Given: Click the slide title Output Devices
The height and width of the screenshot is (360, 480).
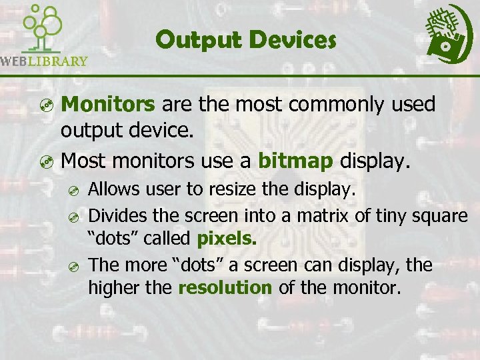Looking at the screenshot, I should pos(245,40).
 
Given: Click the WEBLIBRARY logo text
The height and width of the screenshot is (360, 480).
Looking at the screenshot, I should pos(44,61).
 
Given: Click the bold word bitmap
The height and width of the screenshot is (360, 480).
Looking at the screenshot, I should pos(296,161).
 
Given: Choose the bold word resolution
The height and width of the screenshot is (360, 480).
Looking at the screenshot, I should pos(225,287).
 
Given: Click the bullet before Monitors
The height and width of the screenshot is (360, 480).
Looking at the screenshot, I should pos(45,105).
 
